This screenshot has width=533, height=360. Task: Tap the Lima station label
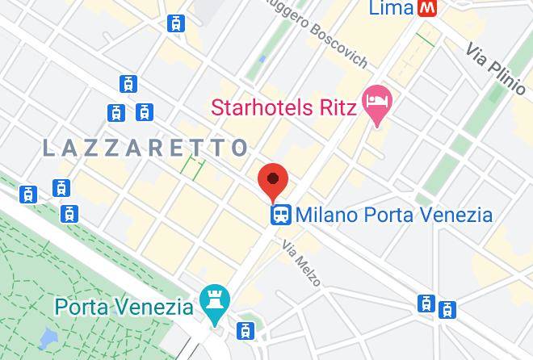(391, 8)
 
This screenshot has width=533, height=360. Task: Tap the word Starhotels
(261, 107)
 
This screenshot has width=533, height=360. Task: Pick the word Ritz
(335, 107)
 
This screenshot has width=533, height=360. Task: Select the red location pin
(274, 182)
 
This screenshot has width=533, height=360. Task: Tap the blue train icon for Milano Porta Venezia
(281, 215)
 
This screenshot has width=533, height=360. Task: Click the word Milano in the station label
(324, 215)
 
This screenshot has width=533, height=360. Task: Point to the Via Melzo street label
(301, 262)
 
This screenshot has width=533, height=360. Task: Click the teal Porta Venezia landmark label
(124, 307)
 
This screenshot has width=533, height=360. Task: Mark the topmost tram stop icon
(175, 23)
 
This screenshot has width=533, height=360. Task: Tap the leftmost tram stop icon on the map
(29, 194)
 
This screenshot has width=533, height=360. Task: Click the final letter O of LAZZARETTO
(239, 148)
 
